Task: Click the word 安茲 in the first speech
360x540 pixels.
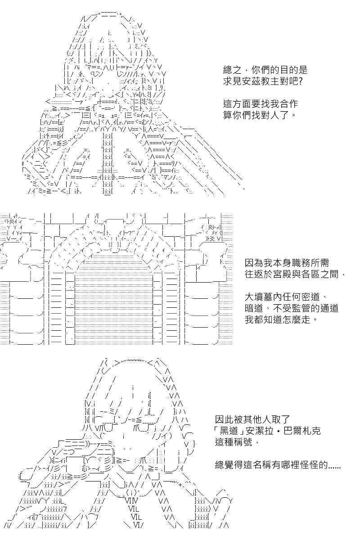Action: click(x=252, y=81)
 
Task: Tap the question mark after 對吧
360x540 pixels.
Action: click(x=300, y=81)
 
